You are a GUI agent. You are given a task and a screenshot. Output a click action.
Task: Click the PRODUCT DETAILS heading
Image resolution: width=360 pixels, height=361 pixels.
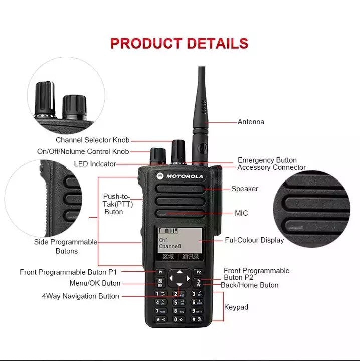pos(179,43)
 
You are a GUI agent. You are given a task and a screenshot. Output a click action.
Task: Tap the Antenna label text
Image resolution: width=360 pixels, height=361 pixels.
pos(251,122)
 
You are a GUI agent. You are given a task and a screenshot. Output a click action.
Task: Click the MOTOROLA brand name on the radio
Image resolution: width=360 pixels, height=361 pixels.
pos(185,176)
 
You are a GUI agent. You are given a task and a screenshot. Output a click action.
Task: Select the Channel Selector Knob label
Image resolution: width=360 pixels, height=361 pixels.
pos(92,140)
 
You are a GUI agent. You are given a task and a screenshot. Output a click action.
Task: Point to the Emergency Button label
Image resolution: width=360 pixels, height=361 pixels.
pos(267,160)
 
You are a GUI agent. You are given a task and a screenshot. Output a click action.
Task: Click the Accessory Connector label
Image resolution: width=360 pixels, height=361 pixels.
pos(271,167)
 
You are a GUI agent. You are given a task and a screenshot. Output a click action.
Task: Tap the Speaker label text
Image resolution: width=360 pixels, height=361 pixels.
pos(245,189)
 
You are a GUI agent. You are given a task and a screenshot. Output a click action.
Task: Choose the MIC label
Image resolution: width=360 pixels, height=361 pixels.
pos(241,213)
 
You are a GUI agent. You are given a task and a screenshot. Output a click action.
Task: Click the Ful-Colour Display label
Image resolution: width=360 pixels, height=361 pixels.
pos(254,240)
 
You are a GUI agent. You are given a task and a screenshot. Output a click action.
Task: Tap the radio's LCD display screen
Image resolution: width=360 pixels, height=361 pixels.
pos(179,240)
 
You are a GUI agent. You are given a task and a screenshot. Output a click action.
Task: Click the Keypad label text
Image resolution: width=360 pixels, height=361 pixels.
pos(236,307)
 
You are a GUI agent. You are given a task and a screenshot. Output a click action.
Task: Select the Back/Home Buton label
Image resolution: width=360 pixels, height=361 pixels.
pos(250,285)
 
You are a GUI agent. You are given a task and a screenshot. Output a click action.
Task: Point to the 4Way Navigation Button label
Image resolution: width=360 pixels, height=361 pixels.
pos(80,296)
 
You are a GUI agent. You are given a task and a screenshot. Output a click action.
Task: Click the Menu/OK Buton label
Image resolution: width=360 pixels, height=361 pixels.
pos(95,283)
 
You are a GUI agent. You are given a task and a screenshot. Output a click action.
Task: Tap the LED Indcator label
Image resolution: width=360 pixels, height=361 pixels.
pos(95,164)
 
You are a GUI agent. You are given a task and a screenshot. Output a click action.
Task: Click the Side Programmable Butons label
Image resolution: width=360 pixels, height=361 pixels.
pos(66,246)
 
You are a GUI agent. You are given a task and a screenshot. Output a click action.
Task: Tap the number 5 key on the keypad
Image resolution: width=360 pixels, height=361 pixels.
pos(178,303)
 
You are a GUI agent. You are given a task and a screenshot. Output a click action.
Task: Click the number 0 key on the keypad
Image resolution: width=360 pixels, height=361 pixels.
pos(178,319)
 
